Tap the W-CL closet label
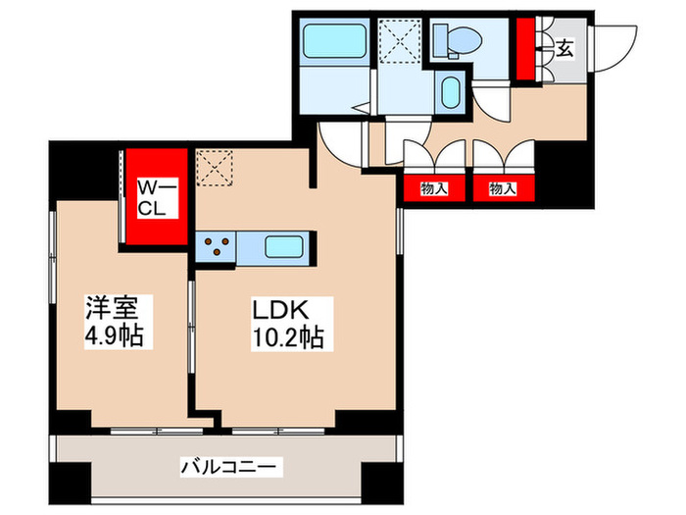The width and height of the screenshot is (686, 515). (157, 197)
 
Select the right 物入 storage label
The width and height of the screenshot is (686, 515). (503, 187)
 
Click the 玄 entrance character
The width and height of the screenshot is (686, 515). (565, 46)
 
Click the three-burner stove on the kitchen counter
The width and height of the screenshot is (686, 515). (217, 245)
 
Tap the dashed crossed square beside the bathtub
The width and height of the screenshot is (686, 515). (401, 41)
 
